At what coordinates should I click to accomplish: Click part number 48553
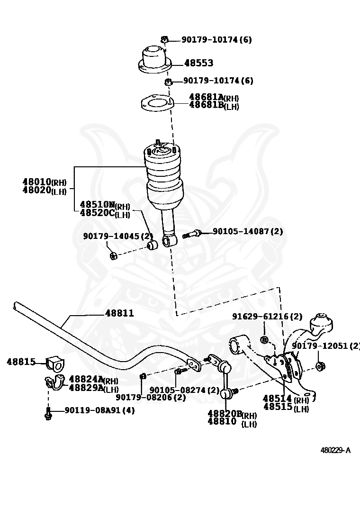tap(198, 63)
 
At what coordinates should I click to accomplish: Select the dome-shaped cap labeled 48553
tap(154, 58)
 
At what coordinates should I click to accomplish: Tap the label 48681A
tap(206, 97)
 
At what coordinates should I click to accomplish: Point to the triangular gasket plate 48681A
tap(157, 103)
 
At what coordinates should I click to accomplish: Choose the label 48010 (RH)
tap(37, 182)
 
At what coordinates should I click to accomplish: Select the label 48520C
tap(97, 213)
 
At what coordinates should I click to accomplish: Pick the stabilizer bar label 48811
tap(119, 313)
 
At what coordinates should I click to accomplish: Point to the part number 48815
tap(21, 362)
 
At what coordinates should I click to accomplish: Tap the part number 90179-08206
tap(145, 398)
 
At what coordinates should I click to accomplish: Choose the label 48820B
tap(225, 413)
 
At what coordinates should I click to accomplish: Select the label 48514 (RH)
tap(277, 399)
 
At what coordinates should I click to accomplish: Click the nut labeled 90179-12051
tap(320, 366)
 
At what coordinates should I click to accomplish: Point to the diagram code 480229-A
tap(335, 450)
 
